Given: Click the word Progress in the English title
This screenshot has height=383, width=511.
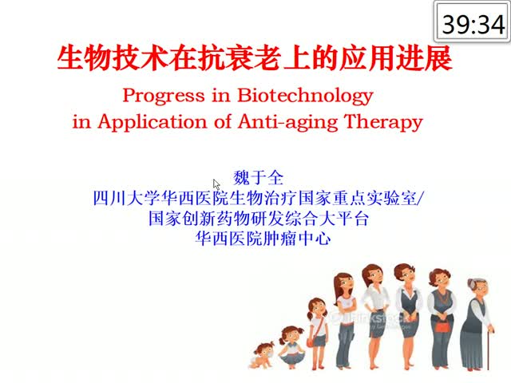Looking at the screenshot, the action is [164, 96].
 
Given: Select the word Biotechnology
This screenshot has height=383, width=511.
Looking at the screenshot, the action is [305, 96].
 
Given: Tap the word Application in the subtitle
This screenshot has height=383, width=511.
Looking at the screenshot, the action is [153, 122].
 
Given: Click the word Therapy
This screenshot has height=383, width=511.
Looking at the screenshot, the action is [383, 122].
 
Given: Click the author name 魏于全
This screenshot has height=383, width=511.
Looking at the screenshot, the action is [258, 178].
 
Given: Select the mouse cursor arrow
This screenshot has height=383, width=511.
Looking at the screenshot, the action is [216, 184].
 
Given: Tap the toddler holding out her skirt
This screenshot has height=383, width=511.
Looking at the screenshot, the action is [291, 348].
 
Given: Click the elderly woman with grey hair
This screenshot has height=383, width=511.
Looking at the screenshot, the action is [477, 325].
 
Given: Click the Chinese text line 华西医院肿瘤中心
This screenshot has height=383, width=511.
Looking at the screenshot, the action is [263, 239].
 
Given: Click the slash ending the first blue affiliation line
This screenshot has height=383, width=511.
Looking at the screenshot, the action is [420, 198].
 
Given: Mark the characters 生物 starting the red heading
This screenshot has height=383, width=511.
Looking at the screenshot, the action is [85, 58].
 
